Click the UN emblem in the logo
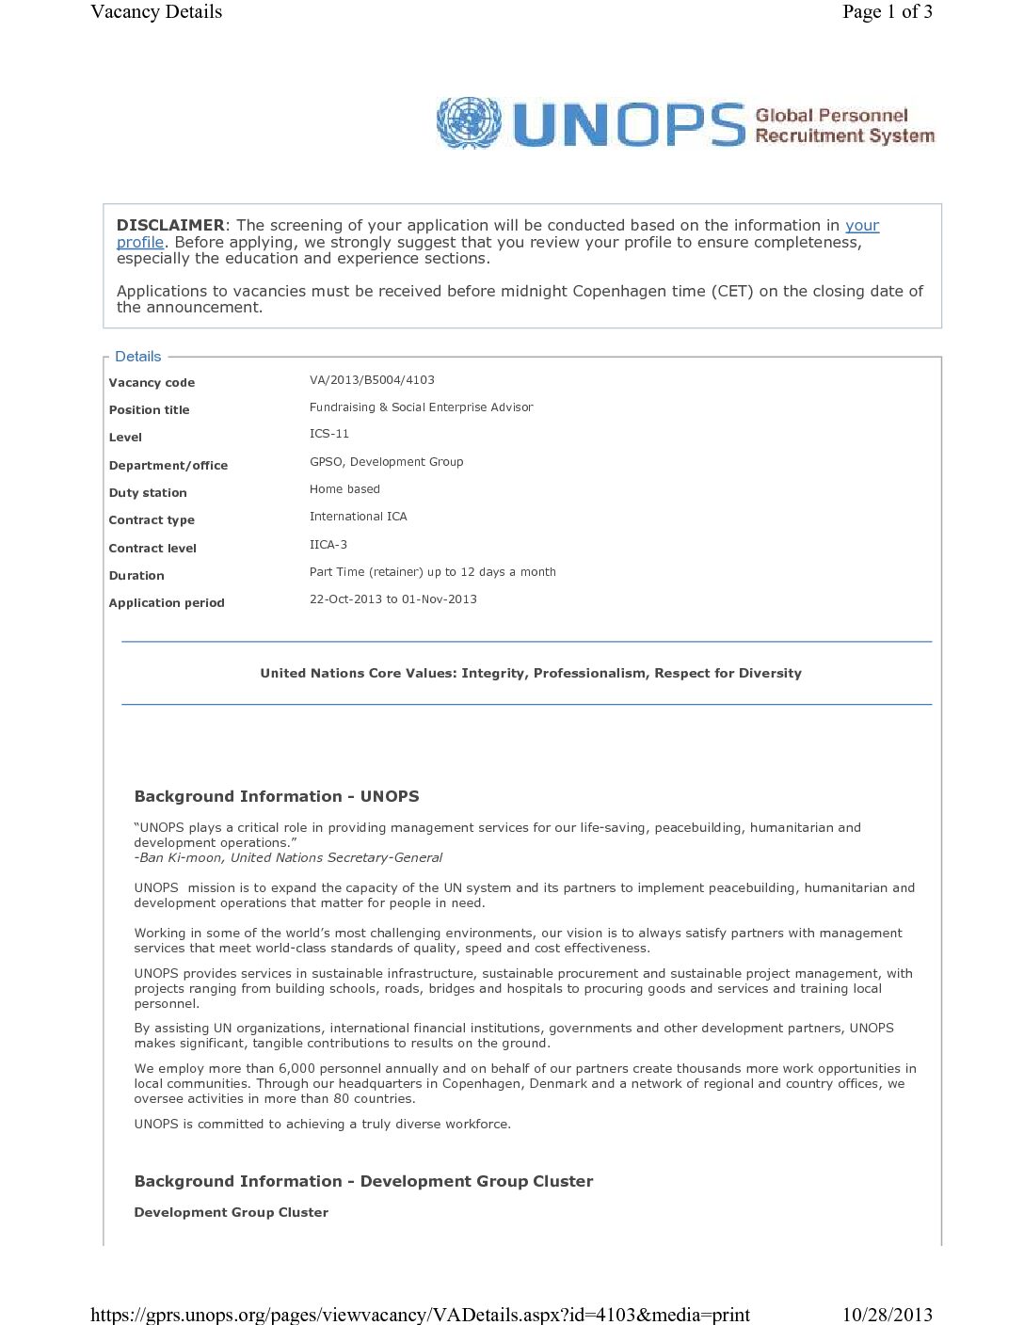coord(469,122)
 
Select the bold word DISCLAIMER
coord(170,225)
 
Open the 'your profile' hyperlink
coord(861,226)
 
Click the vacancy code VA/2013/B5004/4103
coord(372,380)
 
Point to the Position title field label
coord(149,409)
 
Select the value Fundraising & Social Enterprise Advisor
coord(421,407)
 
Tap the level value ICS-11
coord(328,434)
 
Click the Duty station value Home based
coord(344,489)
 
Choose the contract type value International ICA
coord(358,517)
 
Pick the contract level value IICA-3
coord(328,545)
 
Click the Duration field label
coord(136,576)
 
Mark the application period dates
coord(392,599)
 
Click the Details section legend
coord(137,357)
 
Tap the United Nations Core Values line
coord(531,673)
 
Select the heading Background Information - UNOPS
coord(277,796)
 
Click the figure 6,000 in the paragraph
coord(296,1069)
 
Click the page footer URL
coord(420,1315)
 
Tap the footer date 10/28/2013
coord(887,1315)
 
